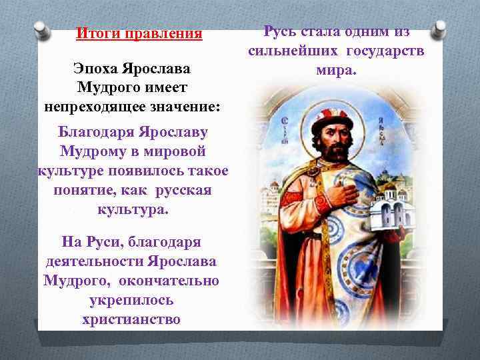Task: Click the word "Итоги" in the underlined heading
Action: coord(94,33)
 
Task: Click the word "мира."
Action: coord(337,69)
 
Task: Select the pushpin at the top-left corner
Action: coord(41,29)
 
